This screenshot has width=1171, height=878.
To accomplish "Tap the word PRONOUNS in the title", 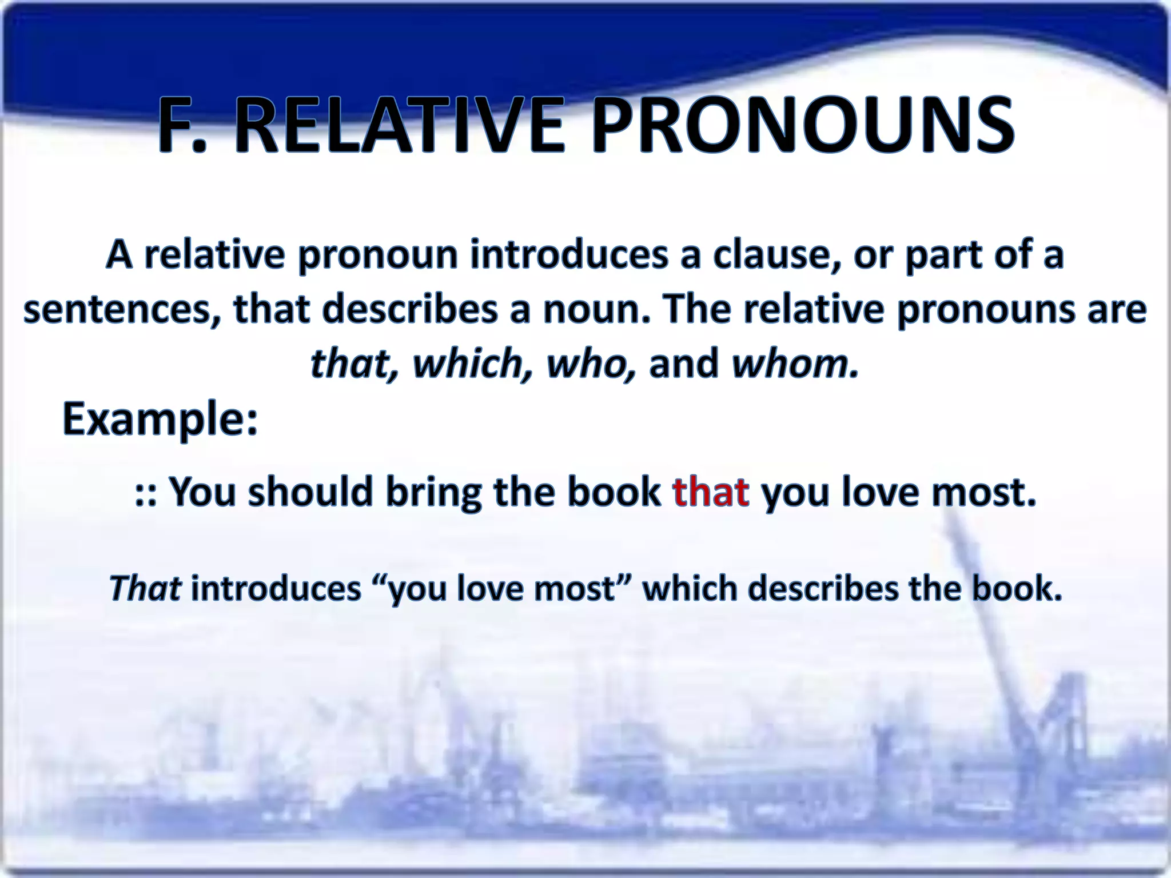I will pos(802,126).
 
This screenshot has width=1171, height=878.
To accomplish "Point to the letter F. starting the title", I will pos(182,126).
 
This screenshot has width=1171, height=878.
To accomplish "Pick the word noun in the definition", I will pos(595,310).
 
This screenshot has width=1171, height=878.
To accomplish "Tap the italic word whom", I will pos(795,364).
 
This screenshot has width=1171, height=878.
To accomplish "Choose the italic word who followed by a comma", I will pos(591,364).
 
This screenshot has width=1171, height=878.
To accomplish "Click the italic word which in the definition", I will pos(472,364).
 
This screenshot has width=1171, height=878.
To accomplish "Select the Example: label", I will pos(160,419).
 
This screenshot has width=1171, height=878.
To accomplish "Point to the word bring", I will pos(434,493).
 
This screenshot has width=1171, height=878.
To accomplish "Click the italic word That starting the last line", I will pos(145,588).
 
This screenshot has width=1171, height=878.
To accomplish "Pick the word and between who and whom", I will pos(683,364).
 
